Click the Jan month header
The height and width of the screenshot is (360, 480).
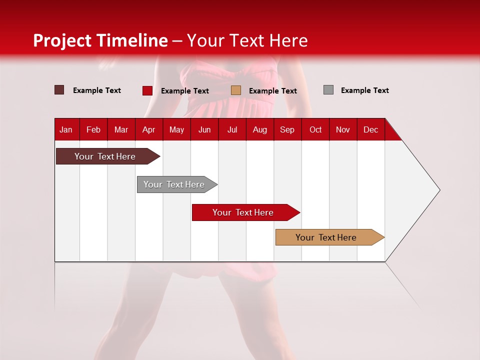click(66, 129)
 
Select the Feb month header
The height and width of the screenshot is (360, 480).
click(93, 129)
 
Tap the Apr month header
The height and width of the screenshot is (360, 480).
click(148, 129)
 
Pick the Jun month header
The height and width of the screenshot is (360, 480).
click(204, 129)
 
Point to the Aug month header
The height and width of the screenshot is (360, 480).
click(259, 129)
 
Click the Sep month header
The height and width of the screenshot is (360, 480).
click(287, 129)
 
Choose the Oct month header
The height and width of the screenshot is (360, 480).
click(315, 129)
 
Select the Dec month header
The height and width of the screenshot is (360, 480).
click(370, 129)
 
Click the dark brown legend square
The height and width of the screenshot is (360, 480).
click(59, 90)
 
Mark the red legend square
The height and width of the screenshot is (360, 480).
click(147, 90)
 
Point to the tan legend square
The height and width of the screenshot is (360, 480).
click(236, 90)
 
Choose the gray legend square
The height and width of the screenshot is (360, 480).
click(328, 90)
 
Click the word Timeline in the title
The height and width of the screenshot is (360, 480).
click(132, 40)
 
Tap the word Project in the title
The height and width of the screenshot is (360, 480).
click(62, 40)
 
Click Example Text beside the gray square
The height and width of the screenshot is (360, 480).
click(364, 90)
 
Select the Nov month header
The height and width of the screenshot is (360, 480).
click(343, 129)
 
